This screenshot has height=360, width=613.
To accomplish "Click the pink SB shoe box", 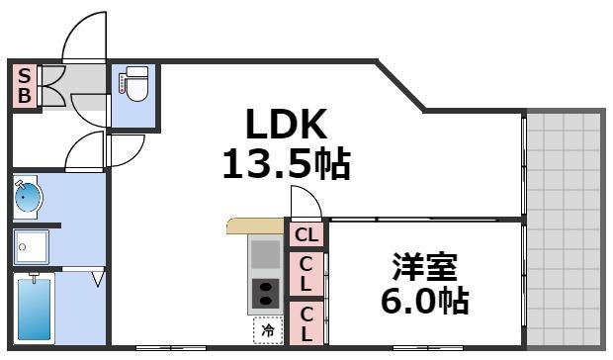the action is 25,85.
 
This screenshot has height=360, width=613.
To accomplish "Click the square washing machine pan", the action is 32,246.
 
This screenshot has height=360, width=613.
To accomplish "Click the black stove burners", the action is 266,294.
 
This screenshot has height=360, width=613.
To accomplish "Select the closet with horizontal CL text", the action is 306,233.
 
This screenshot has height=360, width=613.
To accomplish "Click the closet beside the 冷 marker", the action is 306,323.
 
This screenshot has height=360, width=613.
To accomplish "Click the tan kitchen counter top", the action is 253,225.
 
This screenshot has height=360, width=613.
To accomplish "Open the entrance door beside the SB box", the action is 84,40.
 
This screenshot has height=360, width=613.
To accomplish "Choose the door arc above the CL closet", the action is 305,204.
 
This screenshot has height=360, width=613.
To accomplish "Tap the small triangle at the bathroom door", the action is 98,281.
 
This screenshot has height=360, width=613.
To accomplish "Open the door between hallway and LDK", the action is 127,148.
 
